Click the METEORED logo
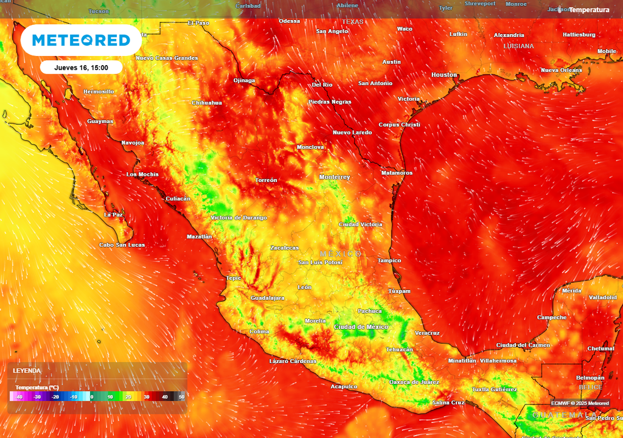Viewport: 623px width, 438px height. [81, 40]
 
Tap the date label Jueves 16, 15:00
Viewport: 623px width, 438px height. [81, 68]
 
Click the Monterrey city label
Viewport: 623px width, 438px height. [335, 177]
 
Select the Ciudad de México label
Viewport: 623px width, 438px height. [361, 327]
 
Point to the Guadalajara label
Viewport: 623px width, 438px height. [268, 298]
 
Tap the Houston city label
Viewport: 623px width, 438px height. [444, 75]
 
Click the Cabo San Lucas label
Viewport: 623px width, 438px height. [122, 245]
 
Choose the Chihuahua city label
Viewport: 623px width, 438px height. [207, 103]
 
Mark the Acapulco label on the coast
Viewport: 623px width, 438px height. [344, 386]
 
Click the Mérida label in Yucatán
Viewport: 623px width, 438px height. [571, 291]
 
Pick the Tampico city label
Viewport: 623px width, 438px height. [389, 260]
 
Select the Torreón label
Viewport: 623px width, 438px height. [266, 180]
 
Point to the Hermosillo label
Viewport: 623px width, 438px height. [99, 92]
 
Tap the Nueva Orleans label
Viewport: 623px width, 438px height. [561, 71]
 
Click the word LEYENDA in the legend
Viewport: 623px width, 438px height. [27, 370]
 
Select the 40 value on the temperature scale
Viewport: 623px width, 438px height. [164, 397]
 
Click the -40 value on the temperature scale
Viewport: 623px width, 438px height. [19, 397]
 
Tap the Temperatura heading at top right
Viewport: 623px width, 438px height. [588, 10]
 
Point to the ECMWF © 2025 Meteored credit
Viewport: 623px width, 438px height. [580, 403]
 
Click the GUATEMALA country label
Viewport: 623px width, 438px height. [556, 415]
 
